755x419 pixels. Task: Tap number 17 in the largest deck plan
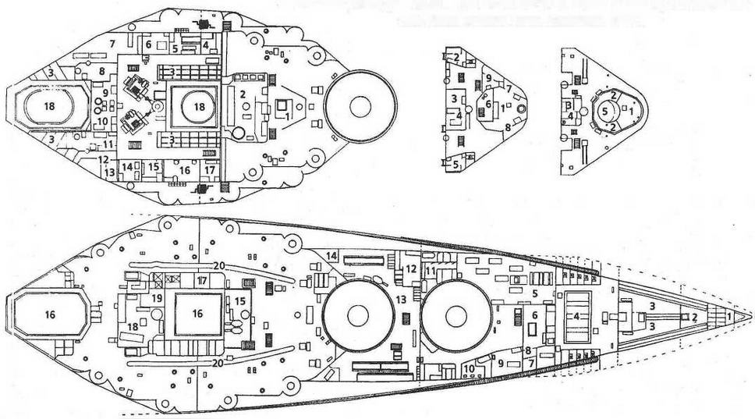[x=201, y=281]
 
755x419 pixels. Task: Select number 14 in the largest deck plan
[x=331, y=255]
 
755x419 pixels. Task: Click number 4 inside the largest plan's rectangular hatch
[x=576, y=317]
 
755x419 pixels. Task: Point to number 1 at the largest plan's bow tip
[x=729, y=317]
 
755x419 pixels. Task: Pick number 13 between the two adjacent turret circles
[x=401, y=299]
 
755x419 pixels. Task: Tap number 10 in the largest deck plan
[x=470, y=368]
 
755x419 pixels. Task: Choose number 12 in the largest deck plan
[x=410, y=269]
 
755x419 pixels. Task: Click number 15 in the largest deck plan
[x=240, y=300]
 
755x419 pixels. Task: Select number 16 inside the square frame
[x=197, y=314]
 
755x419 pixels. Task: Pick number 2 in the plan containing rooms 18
[x=243, y=94]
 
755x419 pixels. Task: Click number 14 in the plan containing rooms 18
[x=127, y=166]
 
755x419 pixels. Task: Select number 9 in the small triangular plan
[x=488, y=78]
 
